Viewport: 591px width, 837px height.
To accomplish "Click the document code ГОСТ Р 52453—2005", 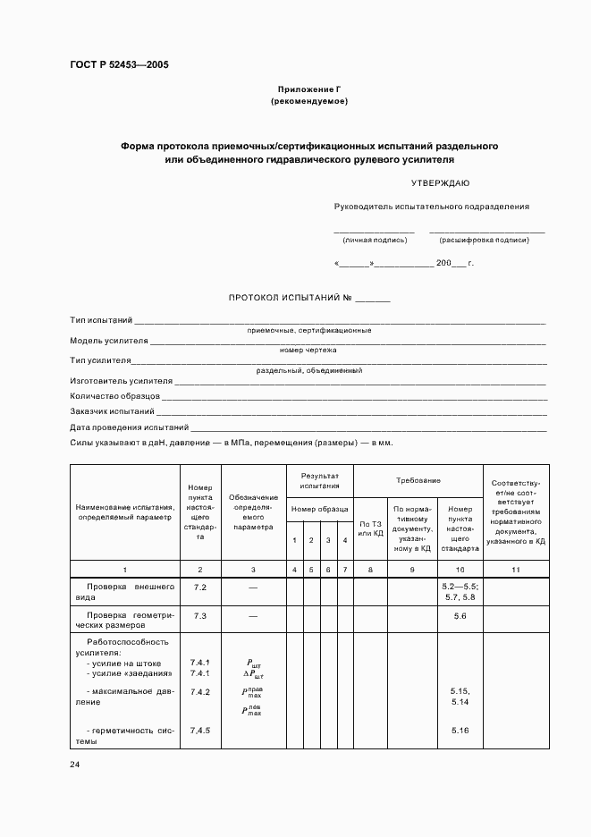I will coord(119,64).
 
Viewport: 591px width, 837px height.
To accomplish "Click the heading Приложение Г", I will coord(308,89).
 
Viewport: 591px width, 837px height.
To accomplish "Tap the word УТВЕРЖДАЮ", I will coord(440,183).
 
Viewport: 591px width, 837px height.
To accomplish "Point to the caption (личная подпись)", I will coord(375,240).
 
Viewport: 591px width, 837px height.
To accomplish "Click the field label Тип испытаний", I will coord(101,319).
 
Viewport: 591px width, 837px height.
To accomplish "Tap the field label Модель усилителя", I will coord(108,341).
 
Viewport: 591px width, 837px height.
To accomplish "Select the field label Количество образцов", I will coord(114,395).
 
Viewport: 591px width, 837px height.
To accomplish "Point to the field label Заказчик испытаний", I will coord(112,411).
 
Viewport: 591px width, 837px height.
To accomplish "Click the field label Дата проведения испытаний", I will coord(129,427).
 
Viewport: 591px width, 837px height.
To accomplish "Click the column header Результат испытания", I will coord(319,481).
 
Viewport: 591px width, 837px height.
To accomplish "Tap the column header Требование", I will coord(418,480).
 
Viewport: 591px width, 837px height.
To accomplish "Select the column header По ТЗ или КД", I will coord(370,528).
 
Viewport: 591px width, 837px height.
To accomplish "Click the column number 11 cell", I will coord(516,570).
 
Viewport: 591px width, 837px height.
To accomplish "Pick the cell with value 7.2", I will coord(199,588).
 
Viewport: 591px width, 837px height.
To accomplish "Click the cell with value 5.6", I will coord(460,616).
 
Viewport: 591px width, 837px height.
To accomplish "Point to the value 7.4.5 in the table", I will coord(199,731).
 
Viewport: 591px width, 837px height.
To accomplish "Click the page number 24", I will coord(75,765).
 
